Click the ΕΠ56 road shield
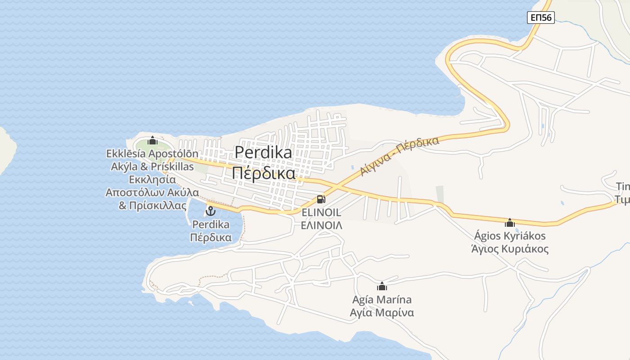tap(541, 18)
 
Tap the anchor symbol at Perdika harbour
tap(211, 210)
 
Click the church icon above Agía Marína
tap(382, 286)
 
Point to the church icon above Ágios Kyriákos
tap(509, 222)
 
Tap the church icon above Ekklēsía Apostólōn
tap(152, 141)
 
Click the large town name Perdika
tap(263, 152)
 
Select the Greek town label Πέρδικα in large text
tap(264, 173)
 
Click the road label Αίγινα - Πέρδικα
tap(399, 156)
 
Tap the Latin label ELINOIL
tap(321, 212)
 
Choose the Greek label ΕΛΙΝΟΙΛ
tap(321, 225)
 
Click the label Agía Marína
tap(382, 299)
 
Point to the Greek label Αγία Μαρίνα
tap(382, 312)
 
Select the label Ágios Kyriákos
tap(510, 236)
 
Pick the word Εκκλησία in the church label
tap(152, 180)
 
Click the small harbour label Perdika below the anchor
tap(211, 224)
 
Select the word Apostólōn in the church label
tap(173, 153)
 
